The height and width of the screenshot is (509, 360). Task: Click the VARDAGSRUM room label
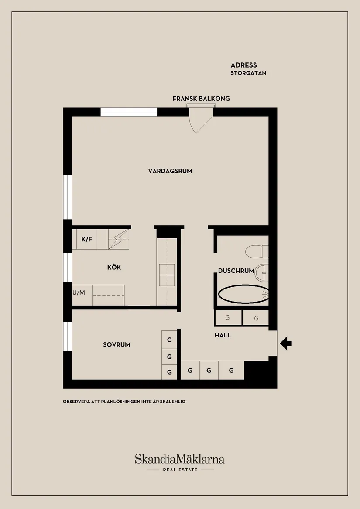(170, 171)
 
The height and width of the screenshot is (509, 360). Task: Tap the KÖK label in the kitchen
(114, 268)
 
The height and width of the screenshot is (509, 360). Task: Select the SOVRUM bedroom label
(117, 345)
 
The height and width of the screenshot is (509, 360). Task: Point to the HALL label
(223, 336)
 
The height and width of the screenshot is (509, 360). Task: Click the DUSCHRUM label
(236, 271)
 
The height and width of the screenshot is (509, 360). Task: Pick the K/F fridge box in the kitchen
(86, 239)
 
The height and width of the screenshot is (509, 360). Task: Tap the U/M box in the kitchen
(79, 293)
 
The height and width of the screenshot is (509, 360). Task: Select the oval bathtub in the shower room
(243, 294)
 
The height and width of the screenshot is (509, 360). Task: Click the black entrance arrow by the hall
(286, 344)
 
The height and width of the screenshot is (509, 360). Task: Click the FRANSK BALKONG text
(201, 99)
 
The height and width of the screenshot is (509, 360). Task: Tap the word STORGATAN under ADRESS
(248, 73)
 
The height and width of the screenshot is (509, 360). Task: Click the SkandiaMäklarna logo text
(179, 459)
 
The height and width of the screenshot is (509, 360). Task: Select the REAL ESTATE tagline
(180, 470)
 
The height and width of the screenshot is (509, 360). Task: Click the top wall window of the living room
(129, 112)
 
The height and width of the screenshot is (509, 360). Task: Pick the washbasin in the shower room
(262, 272)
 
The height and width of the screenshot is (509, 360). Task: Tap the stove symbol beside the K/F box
(119, 240)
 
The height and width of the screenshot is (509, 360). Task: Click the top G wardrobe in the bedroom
(169, 339)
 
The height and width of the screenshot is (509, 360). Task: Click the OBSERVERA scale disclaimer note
(124, 402)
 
